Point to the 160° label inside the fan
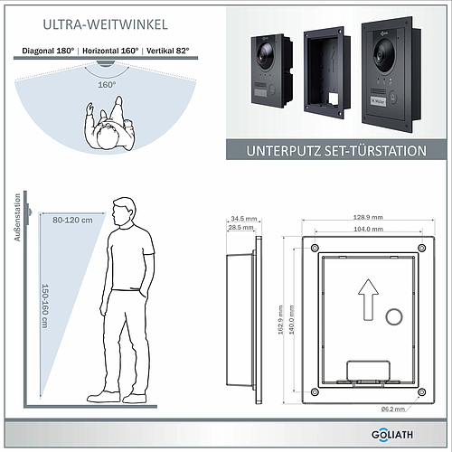pos(107,84)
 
